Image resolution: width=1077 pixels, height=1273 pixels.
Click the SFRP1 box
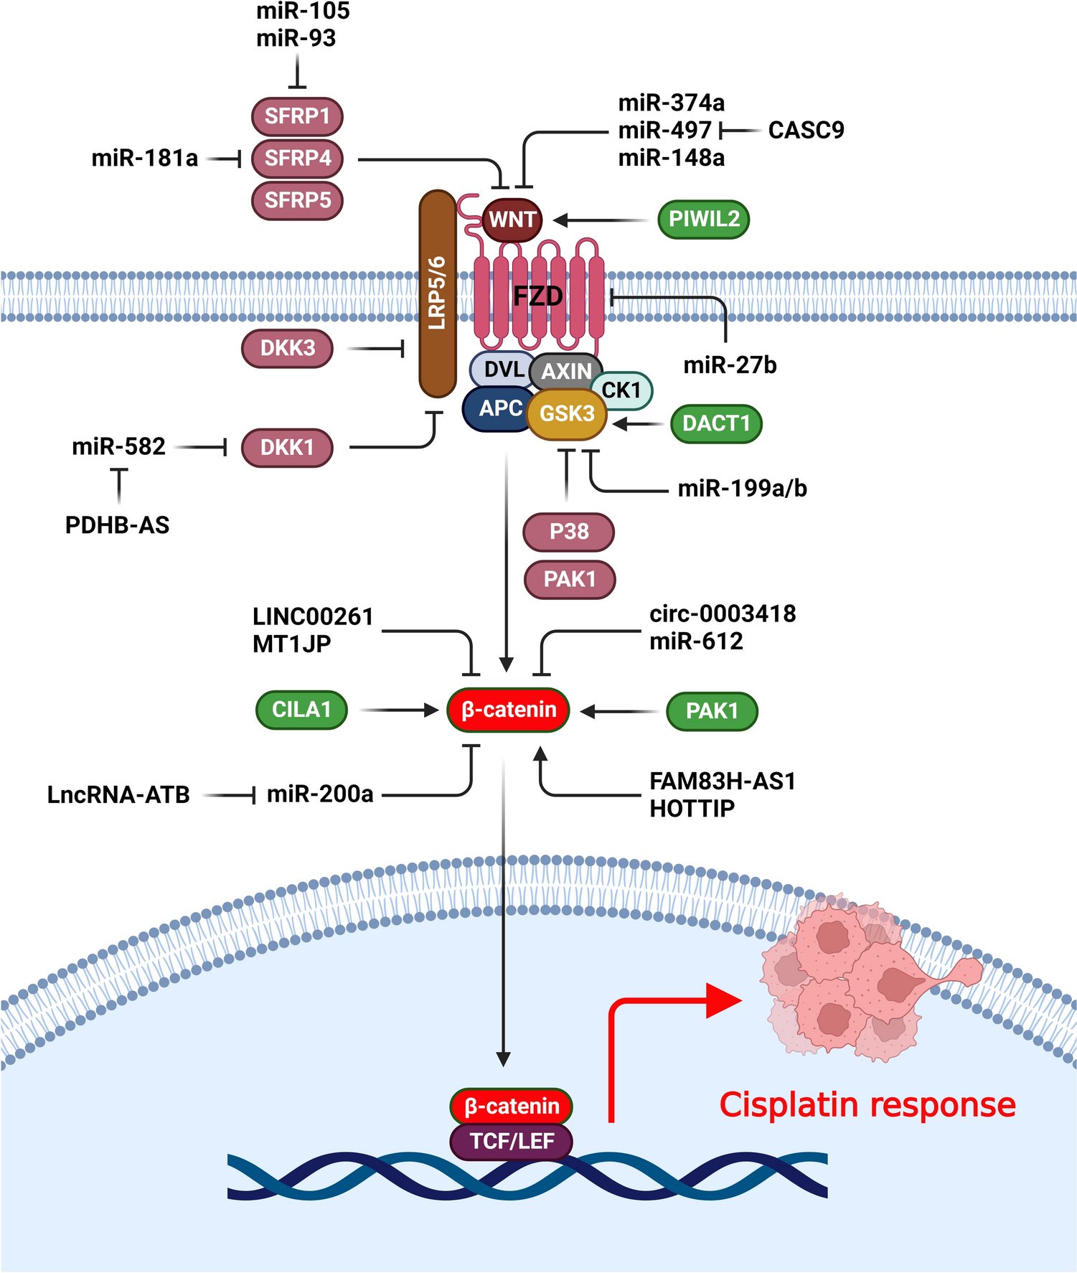click(x=297, y=116)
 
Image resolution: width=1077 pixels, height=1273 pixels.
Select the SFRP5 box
click(x=297, y=200)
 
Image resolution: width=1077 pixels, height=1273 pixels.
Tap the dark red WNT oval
click(x=512, y=220)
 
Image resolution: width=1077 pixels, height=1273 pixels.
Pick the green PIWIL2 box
click(x=703, y=220)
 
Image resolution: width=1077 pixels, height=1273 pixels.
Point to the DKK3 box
click(x=287, y=349)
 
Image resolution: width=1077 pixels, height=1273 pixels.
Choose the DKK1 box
click(x=287, y=448)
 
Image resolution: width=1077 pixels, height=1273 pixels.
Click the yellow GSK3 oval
click(x=567, y=414)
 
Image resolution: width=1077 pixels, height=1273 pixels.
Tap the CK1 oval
click(x=621, y=390)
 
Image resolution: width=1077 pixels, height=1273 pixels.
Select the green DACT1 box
click(x=716, y=423)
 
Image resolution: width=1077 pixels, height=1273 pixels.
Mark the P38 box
click(x=569, y=532)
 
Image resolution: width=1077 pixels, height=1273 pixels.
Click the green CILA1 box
click(x=301, y=710)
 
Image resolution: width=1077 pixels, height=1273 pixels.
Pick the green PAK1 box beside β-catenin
click(x=712, y=711)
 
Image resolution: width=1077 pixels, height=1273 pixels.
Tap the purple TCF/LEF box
click(x=512, y=1141)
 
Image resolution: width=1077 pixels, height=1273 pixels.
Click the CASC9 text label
click(x=806, y=131)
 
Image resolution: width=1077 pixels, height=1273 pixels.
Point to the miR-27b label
click(x=730, y=365)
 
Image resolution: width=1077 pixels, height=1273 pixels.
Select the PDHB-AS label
click(x=117, y=525)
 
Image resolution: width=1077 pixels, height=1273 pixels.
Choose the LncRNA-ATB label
click(x=118, y=795)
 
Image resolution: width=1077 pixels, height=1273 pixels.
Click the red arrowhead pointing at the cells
click(x=723, y=1000)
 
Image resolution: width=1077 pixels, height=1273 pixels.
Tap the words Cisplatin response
click(x=867, y=1105)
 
